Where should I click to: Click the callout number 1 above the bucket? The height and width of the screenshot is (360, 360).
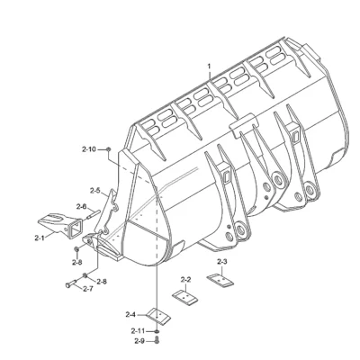(210, 66)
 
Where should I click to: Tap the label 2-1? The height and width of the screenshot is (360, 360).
(40, 238)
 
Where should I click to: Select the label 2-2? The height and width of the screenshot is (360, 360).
(185, 280)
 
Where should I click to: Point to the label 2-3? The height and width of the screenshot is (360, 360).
(221, 262)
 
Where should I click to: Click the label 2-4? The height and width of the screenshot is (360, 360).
(130, 315)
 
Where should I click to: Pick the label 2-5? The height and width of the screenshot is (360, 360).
(95, 191)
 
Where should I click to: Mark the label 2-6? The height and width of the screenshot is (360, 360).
(81, 206)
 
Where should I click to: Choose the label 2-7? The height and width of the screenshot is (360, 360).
(87, 289)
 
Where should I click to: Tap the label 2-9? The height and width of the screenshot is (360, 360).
(139, 341)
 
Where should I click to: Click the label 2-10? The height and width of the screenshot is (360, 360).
(89, 148)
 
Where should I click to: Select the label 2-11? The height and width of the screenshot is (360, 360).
(138, 331)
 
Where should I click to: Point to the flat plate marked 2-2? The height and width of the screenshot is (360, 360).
(185, 298)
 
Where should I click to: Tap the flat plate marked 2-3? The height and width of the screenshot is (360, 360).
(220, 280)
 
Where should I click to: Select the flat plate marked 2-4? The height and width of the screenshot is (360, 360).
(158, 316)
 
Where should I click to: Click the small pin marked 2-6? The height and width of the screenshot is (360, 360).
(94, 215)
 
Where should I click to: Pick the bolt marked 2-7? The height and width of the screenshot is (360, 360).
(71, 283)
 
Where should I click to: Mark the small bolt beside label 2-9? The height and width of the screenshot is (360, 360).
(157, 340)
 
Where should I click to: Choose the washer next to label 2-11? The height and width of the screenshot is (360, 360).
(157, 331)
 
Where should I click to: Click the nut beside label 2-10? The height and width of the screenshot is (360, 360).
(109, 148)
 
